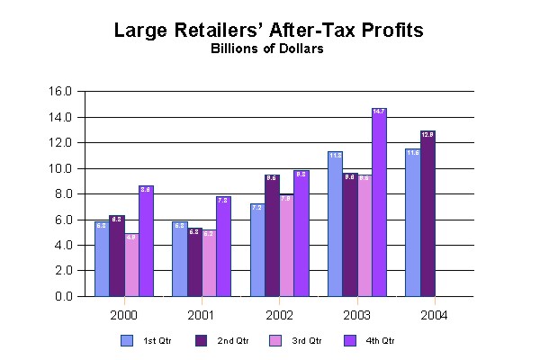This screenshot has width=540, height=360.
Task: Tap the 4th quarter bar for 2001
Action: pyautogui.click(x=223, y=247)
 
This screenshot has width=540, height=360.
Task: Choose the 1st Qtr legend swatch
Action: pyautogui.click(x=127, y=341)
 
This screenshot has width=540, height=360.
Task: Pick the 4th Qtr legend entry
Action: pyautogui.click(x=370, y=341)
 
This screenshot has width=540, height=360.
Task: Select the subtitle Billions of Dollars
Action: pyautogui.click(x=267, y=49)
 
